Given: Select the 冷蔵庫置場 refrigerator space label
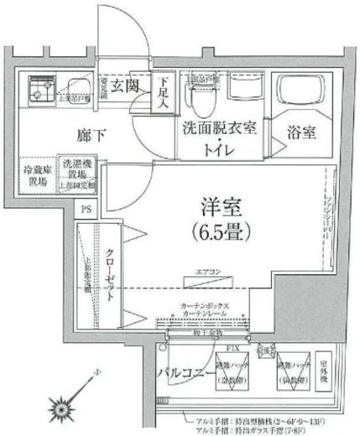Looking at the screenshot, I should (34, 174).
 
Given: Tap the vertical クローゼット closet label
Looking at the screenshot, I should (110, 276).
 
